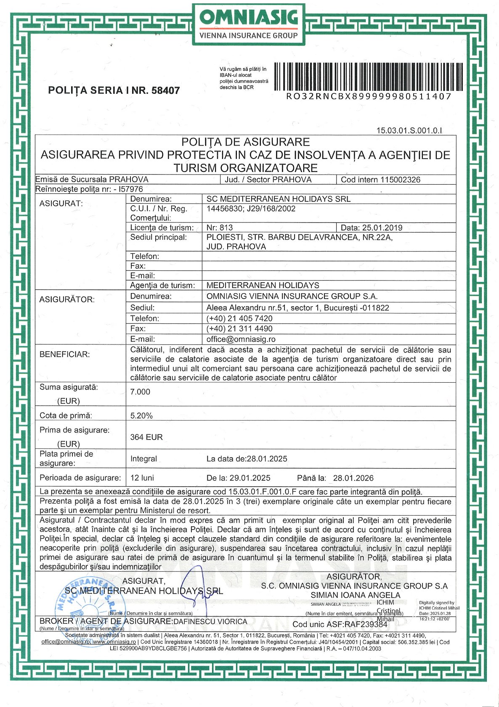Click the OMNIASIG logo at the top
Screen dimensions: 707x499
[249, 24]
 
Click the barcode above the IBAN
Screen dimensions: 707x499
[369, 77]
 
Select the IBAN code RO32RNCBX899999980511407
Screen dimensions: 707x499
[369, 96]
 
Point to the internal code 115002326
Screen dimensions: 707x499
[400, 180]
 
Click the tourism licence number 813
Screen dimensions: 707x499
[226, 228]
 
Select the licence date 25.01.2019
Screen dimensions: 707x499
[382, 228]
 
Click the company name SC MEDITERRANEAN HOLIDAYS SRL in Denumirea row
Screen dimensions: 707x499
[278, 199]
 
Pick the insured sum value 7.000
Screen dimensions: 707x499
[140, 392]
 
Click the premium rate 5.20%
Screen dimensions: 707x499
[141, 416]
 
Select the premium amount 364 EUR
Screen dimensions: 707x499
[146, 437]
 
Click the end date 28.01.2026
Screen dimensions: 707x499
[353, 478]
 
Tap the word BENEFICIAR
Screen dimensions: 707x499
[65, 354]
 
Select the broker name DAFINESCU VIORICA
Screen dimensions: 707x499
[210, 621]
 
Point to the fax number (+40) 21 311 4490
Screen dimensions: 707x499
[239, 328]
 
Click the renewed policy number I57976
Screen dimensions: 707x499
[131, 189]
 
